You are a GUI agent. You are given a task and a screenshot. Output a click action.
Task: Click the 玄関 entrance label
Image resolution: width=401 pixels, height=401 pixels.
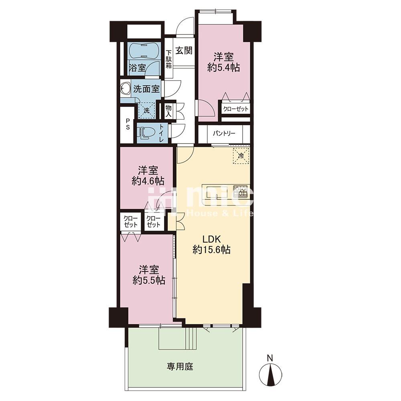pyautogui.click(x=184, y=51)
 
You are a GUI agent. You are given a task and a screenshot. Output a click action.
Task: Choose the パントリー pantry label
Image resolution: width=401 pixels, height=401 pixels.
pyautogui.click(x=224, y=134)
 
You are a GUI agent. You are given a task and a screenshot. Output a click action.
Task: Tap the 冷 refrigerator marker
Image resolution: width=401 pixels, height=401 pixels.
pyautogui.click(x=241, y=155)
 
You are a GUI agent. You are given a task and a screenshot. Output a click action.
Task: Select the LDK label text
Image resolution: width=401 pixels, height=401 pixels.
pyautogui.click(x=211, y=239)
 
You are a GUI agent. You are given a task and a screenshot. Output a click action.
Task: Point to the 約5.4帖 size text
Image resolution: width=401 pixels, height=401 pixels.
pyautogui.click(x=223, y=67)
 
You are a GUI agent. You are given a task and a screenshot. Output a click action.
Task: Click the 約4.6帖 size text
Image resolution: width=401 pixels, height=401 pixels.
pyautogui.click(x=148, y=181)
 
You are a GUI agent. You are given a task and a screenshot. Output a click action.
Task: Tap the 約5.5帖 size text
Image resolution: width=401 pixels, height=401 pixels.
pyautogui.click(x=149, y=281)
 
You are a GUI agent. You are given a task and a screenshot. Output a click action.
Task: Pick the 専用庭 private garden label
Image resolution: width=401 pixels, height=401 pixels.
pyautogui.click(x=180, y=367)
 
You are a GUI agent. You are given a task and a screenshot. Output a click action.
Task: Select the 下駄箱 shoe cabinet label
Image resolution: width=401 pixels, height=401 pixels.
pyautogui.click(x=168, y=59)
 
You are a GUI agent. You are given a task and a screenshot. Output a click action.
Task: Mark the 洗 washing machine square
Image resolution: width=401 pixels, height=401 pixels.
pyautogui.click(x=146, y=111)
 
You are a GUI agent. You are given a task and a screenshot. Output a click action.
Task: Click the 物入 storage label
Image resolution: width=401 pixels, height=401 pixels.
pyautogui.click(x=168, y=111)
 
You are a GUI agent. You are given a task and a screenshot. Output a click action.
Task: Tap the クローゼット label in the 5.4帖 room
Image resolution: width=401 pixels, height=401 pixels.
pyautogui.click(x=235, y=109)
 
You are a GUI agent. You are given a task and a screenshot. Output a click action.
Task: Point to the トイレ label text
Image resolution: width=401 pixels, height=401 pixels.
pyautogui.click(x=162, y=133)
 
